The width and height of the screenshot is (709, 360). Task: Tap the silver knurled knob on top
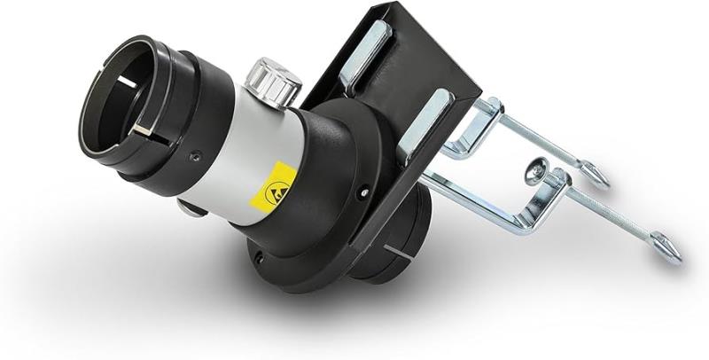pyautogui.click(x=272, y=80)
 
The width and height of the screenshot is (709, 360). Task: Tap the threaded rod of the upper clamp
pyautogui.click(x=549, y=146)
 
